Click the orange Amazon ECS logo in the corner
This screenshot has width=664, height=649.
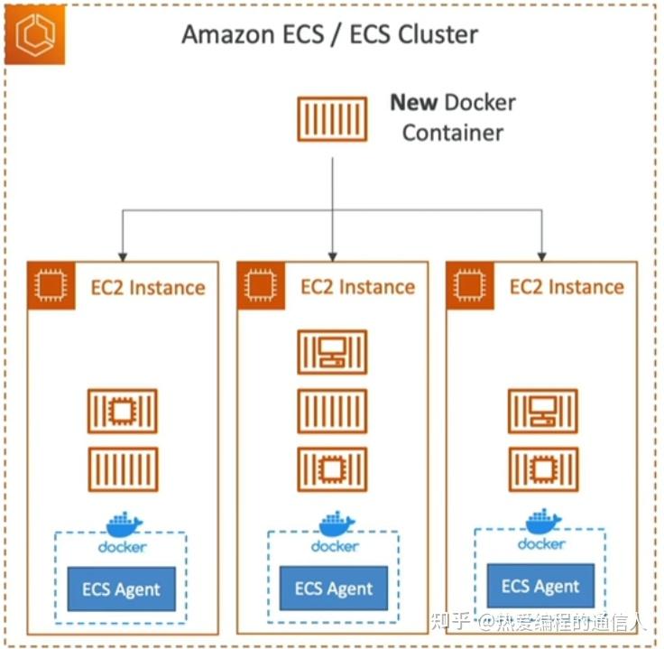click(x=34, y=34)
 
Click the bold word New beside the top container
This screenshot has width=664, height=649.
click(x=413, y=102)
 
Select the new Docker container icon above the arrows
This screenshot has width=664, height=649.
click(x=332, y=119)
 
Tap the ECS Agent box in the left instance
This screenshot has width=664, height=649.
click(x=121, y=590)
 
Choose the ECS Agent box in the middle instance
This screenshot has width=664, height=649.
click(x=333, y=589)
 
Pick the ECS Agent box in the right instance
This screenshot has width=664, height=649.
click(x=540, y=587)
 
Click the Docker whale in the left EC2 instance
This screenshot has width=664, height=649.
click(x=124, y=524)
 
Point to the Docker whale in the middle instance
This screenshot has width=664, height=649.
click(x=336, y=524)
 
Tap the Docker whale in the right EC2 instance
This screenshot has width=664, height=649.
click(x=543, y=522)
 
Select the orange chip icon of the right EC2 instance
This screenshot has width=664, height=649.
click(x=466, y=286)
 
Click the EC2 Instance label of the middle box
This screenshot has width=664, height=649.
click(x=357, y=287)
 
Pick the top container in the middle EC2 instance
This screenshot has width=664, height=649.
click(x=332, y=352)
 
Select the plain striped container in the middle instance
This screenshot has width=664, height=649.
click(x=332, y=411)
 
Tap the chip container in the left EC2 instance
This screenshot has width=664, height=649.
click(x=123, y=412)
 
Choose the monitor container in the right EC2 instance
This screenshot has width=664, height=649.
click(x=542, y=412)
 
